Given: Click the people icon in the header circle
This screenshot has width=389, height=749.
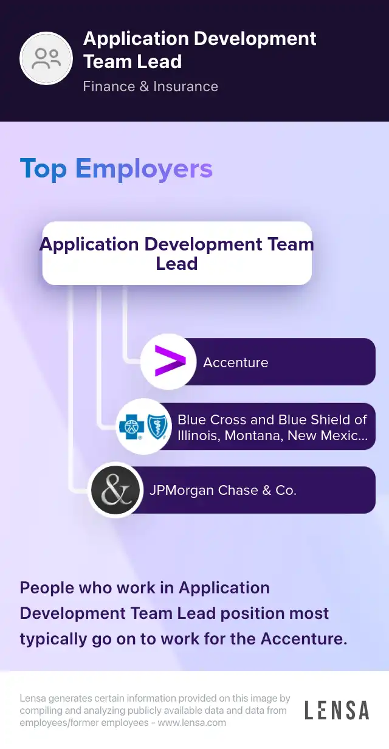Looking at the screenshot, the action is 46,58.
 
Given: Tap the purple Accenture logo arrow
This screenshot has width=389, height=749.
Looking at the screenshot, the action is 170,361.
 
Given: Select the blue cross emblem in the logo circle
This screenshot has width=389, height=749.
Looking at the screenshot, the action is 132,427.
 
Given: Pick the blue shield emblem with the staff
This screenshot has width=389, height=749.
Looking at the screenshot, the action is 157,427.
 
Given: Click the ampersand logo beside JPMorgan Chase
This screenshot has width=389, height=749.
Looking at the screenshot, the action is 115,490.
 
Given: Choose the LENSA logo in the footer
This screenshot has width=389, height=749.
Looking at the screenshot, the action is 337,710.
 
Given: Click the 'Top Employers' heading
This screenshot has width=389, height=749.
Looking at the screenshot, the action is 116,169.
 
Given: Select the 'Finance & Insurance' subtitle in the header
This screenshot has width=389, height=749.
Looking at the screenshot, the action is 150,86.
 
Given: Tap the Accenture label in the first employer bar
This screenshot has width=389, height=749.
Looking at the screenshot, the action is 236,362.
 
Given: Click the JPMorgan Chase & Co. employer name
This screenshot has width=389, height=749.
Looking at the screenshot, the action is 223,490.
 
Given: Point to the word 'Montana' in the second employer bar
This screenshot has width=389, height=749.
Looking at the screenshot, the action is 253,436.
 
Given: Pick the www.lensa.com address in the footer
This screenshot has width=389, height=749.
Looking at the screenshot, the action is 192,723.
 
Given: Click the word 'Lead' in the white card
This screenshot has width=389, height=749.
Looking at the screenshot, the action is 177,263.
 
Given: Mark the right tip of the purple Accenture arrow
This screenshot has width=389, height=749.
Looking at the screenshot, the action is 186,361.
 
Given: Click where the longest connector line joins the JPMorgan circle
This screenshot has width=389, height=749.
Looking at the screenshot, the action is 88,491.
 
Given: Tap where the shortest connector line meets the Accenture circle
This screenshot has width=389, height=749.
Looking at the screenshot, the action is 140,361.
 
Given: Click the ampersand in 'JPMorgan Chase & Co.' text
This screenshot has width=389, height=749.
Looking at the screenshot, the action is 267,490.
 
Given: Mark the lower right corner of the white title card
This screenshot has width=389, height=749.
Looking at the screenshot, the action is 311,285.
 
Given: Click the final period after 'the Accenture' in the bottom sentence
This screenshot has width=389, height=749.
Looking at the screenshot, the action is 345,643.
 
